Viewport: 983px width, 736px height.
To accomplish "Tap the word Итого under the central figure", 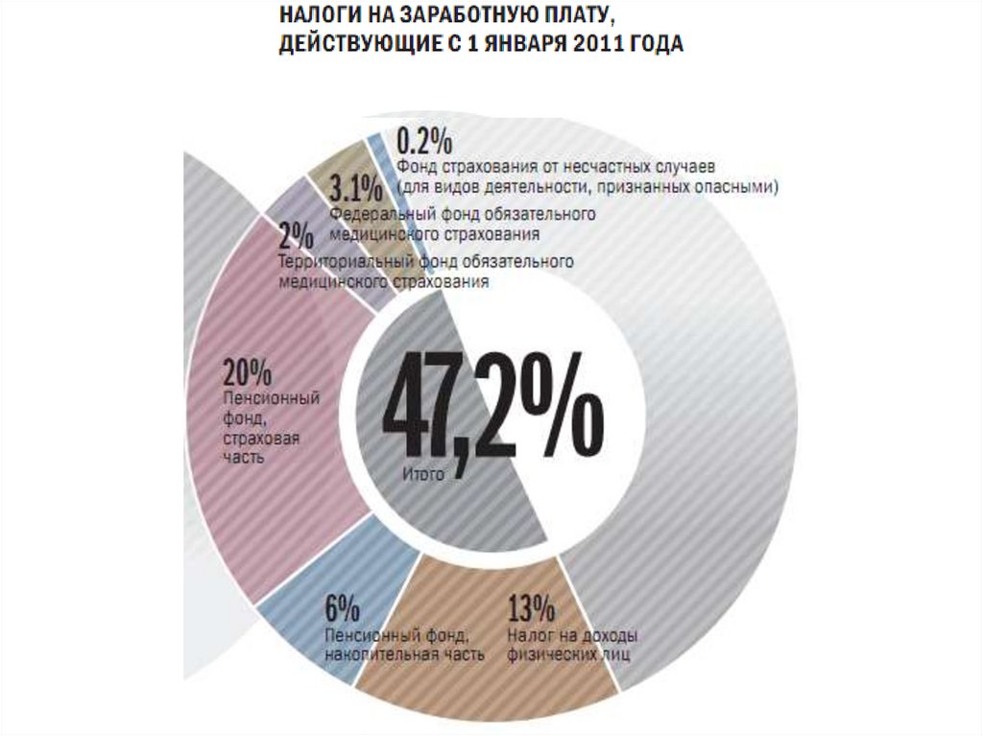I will (423, 474).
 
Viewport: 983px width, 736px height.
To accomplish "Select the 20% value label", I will (248, 372).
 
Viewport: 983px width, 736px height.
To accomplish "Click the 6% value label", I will (342, 608).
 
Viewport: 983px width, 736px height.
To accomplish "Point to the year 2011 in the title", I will (588, 45).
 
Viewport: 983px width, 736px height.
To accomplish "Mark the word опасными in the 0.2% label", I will (740, 186).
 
